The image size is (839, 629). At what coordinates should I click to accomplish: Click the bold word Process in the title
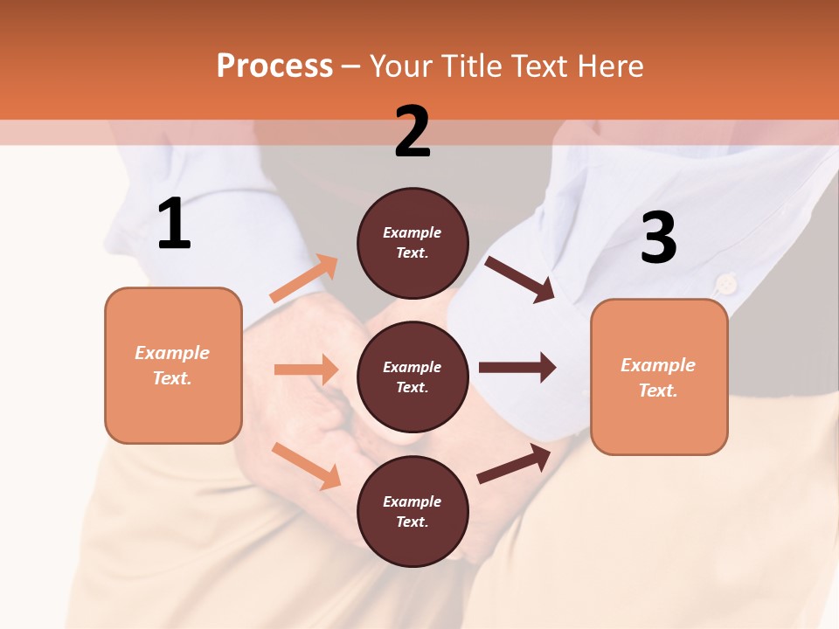[274, 66]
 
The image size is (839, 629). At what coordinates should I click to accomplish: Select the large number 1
[174, 225]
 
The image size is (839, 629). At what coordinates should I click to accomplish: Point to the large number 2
[413, 132]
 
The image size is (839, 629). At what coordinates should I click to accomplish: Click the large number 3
[658, 238]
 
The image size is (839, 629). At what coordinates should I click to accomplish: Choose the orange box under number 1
[173, 365]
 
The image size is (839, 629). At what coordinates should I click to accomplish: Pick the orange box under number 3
[659, 377]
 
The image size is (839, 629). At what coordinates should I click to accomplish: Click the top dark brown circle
[413, 243]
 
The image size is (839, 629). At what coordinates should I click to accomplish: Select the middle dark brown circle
[413, 377]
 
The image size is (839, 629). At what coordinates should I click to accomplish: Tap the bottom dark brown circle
[413, 511]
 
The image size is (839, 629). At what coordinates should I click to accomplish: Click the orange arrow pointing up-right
[304, 279]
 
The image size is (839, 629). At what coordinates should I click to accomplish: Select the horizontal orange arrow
[306, 370]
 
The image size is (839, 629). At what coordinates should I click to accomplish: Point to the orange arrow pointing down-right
[306, 465]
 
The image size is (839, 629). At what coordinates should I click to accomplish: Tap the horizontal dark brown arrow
[517, 367]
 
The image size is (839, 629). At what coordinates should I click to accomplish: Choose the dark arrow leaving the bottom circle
[514, 464]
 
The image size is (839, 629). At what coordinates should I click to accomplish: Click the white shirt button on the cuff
[725, 283]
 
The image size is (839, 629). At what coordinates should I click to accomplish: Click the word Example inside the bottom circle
[413, 501]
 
